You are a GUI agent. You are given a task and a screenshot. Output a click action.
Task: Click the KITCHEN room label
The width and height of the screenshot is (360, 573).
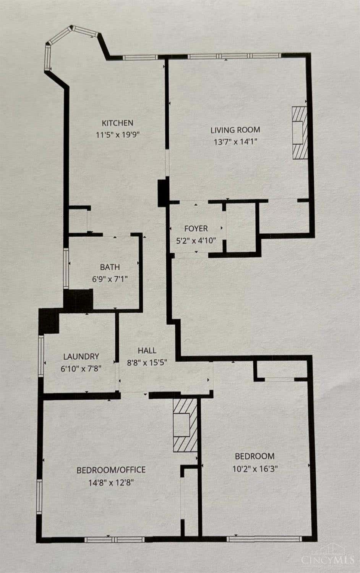(x=118, y=123)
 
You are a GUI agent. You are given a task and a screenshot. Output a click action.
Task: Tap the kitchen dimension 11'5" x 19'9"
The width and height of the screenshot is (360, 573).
(x=117, y=135)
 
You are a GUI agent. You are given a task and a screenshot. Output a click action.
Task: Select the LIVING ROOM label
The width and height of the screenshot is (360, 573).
(x=235, y=130)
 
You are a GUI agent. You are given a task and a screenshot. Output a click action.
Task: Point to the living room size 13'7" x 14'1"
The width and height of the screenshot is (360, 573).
(x=235, y=141)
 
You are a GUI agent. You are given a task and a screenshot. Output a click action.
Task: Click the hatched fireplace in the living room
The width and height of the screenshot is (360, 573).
(x=300, y=133)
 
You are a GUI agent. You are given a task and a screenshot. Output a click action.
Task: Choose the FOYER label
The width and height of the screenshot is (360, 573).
(x=196, y=229)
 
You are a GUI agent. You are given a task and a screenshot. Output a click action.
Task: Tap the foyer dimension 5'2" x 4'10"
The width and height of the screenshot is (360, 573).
(x=196, y=240)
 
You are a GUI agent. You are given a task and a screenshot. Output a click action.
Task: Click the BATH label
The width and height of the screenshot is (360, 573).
(x=110, y=267)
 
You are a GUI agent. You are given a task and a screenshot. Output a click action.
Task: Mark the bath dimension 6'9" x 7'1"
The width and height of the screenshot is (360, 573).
(x=110, y=279)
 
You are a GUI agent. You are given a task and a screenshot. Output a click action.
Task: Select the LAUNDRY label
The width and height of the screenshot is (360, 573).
(x=81, y=356)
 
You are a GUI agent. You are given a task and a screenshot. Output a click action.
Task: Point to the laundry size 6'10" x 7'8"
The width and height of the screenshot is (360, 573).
(x=81, y=368)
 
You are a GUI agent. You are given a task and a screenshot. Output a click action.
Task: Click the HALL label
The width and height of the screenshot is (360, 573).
(x=147, y=351)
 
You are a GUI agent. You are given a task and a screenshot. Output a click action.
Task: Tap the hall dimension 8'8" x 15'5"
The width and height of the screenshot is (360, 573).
(x=147, y=362)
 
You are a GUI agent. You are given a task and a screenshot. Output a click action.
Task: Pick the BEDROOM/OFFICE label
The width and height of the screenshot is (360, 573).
(x=111, y=470)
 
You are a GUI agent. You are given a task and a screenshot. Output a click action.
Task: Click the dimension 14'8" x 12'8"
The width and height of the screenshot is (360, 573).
(x=111, y=482)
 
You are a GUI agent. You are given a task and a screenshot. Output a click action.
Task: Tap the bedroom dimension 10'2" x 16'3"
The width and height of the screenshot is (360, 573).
(x=255, y=469)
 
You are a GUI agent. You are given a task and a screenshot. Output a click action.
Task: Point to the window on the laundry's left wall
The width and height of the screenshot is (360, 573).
(x=41, y=355)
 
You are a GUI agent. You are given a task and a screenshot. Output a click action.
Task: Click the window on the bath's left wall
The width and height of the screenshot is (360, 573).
(x=66, y=268)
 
